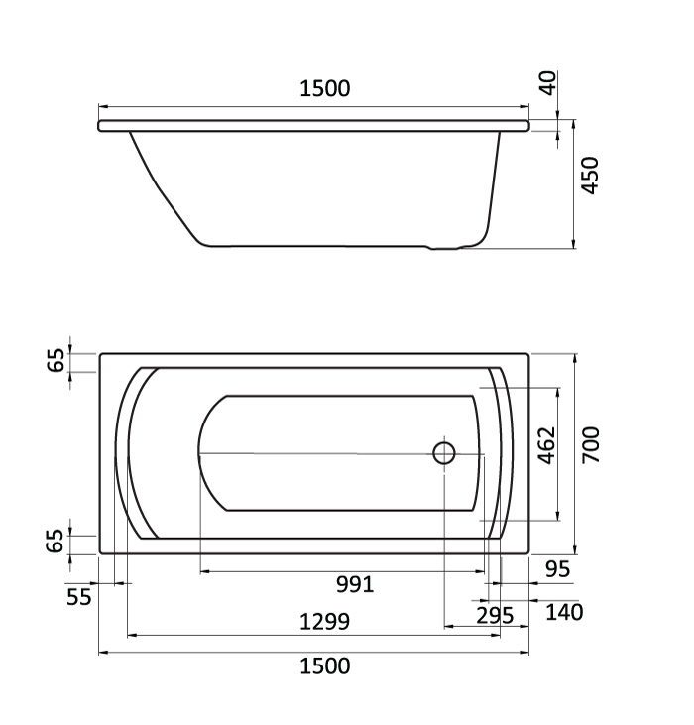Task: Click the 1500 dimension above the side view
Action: [325, 89]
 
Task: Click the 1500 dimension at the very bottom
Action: [325, 666]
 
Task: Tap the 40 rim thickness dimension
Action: [548, 83]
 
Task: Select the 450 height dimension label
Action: [590, 176]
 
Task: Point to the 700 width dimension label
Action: [590, 445]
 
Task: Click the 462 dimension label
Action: [547, 445]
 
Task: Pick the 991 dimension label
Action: [354, 584]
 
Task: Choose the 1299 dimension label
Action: [325, 622]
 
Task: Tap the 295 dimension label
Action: [495, 616]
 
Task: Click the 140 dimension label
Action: [564, 612]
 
